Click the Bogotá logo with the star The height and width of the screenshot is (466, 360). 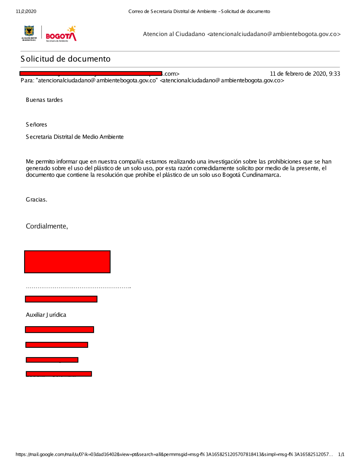61,34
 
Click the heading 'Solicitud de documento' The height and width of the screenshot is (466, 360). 66,59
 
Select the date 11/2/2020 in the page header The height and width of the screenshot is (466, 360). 26,12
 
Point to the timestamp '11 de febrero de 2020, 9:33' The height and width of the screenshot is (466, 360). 305,74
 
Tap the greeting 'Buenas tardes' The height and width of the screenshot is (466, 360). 44,100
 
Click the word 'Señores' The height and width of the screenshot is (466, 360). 36,125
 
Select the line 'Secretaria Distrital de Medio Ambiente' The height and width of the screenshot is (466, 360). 75,137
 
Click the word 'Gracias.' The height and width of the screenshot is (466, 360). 36,200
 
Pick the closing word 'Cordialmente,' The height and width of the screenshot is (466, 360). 47,226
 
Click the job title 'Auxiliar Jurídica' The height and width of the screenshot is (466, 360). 46,315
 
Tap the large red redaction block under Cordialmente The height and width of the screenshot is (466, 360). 67,262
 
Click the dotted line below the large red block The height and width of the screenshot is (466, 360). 78,287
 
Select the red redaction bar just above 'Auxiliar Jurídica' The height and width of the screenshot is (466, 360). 61,299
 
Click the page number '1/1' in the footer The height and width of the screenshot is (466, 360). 341,454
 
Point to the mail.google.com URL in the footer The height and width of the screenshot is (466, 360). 173,454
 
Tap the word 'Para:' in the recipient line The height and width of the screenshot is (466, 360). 27,81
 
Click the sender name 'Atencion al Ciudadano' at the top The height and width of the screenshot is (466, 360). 174,34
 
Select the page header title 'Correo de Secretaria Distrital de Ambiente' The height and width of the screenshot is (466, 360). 172,12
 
